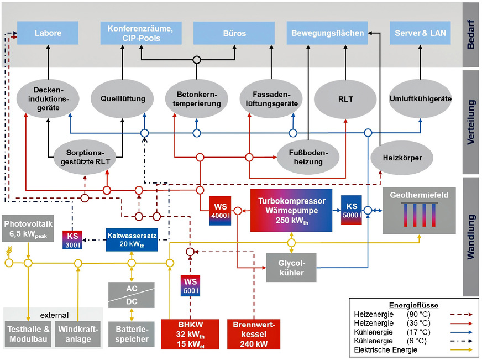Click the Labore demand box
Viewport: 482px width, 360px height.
48,33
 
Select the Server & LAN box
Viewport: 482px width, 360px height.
420,33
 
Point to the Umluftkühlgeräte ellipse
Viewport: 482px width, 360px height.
420,99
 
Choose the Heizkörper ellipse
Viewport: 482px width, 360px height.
402,158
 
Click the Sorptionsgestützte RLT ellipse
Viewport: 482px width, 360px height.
85,158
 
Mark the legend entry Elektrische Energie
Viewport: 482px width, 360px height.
387,349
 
